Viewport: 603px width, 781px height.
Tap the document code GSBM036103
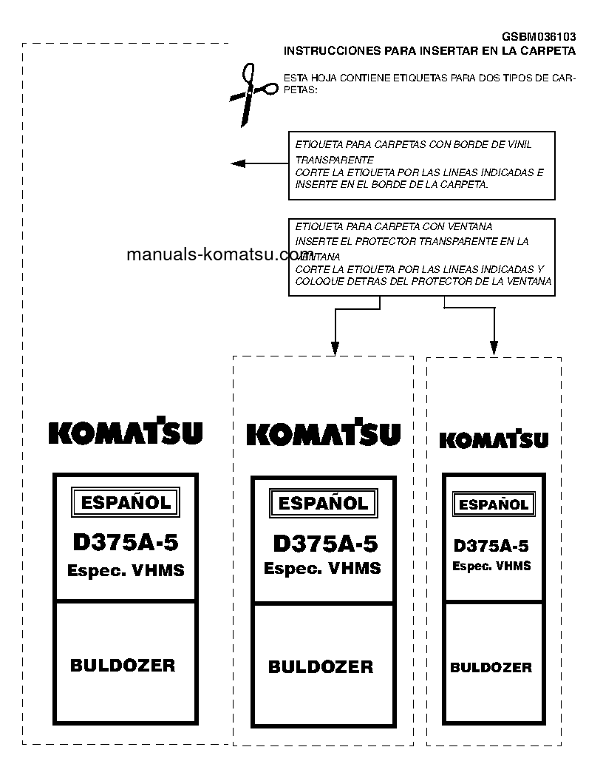coord(539,37)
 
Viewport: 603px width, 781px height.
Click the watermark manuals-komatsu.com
coord(210,255)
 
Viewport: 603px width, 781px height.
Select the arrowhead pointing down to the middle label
coord(335,348)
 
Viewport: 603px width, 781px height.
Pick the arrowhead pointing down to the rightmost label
coord(494,348)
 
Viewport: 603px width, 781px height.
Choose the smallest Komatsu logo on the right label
coord(494,439)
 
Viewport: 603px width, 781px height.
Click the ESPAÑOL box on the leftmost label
coord(126,503)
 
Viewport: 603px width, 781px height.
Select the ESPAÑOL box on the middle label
coord(323,504)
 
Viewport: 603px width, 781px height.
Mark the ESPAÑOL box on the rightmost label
coord(494,505)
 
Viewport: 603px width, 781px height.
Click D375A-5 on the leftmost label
coord(126,543)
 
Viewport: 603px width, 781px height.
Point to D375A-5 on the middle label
coord(325,544)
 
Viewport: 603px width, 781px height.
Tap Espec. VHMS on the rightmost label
coord(491,567)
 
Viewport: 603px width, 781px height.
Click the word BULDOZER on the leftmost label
coord(123,666)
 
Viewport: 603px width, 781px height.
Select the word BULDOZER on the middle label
coord(321,667)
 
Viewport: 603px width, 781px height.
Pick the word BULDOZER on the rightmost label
coord(491,668)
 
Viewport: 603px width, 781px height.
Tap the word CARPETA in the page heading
coord(546,51)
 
